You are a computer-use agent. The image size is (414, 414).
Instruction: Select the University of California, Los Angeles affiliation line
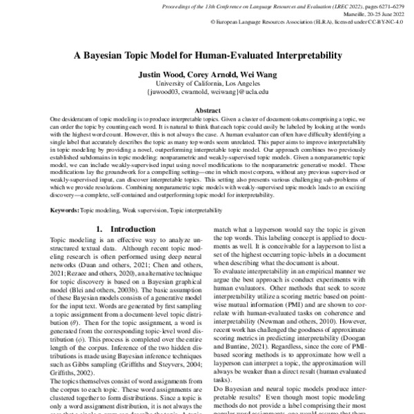[207, 83]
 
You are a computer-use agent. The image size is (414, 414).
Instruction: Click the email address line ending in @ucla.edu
[207, 91]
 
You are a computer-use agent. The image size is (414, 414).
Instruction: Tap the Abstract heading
[207, 110]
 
